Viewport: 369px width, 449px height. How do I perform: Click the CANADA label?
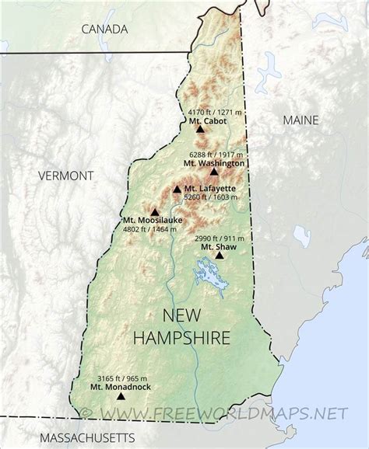pyautogui.click(x=104, y=30)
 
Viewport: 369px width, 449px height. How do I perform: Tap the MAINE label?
pyautogui.click(x=300, y=120)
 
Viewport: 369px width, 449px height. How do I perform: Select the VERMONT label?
pyautogui.click(x=65, y=176)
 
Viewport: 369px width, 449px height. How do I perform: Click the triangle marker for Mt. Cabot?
pyautogui.click(x=201, y=129)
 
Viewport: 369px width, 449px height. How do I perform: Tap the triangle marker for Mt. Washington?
pyautogui.click(x=214, y=172)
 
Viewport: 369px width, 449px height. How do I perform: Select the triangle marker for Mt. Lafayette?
pyautogui.click(x=177, y=189)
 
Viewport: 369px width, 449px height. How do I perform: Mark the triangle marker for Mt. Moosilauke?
pyautogui.click(x=154, y=211)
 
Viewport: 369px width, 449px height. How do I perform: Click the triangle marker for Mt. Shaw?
pyautogui.click(x=220, y=255)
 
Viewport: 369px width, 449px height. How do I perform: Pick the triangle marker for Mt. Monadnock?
pyautogui.click(x=120, y=395)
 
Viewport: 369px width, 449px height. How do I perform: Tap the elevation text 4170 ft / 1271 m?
pyautogui.click(x=212, y=112)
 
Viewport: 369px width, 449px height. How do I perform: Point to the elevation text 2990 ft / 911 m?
pyautogui.click(x=219, y=238)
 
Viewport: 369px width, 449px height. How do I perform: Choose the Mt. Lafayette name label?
pyautogui.click(x=209, y=189)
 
